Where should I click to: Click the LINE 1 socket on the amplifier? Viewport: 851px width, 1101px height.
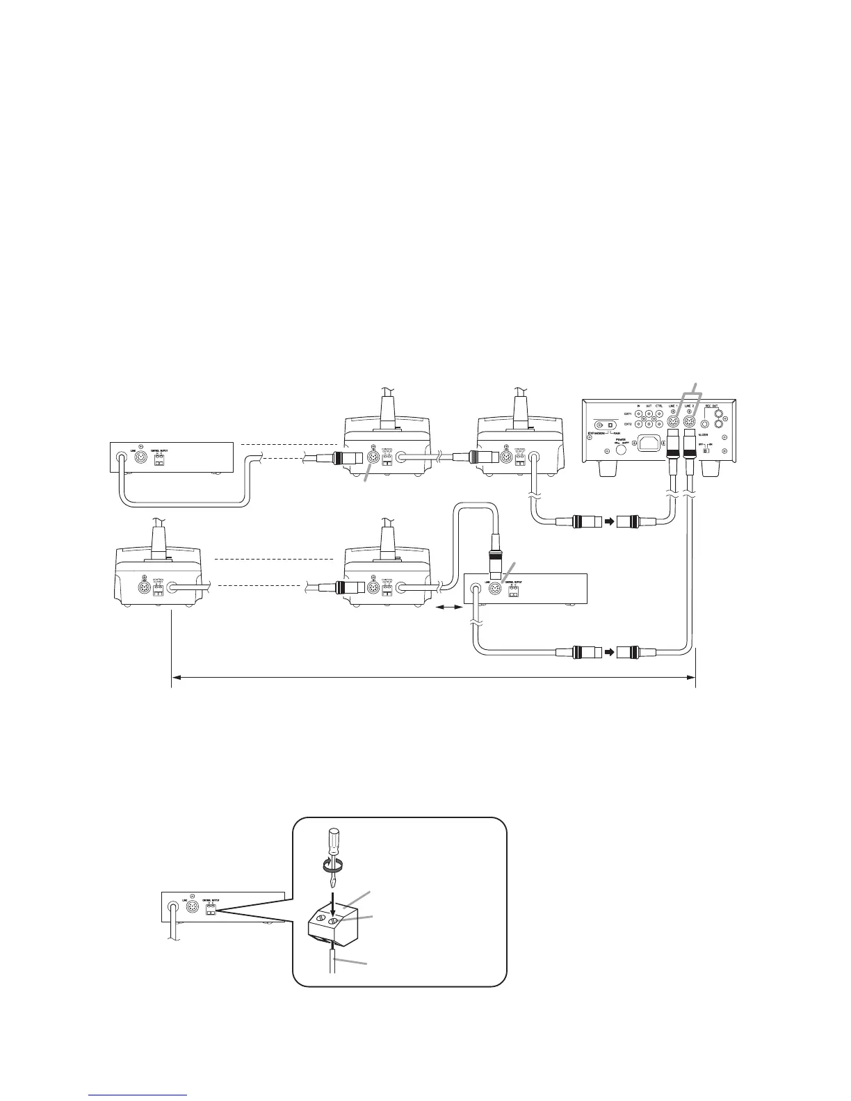(x=672, y=421)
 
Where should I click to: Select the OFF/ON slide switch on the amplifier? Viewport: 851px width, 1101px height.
(x=706, y=450)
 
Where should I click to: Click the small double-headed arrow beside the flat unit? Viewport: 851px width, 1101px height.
(x=448, y=607)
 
